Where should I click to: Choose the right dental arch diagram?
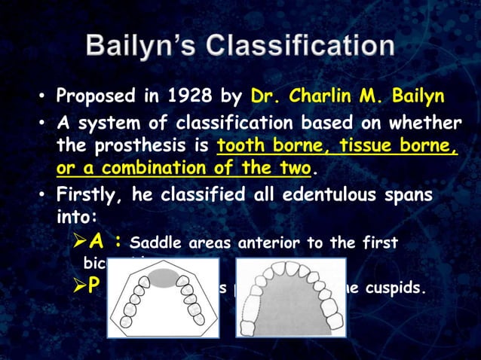290,297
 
